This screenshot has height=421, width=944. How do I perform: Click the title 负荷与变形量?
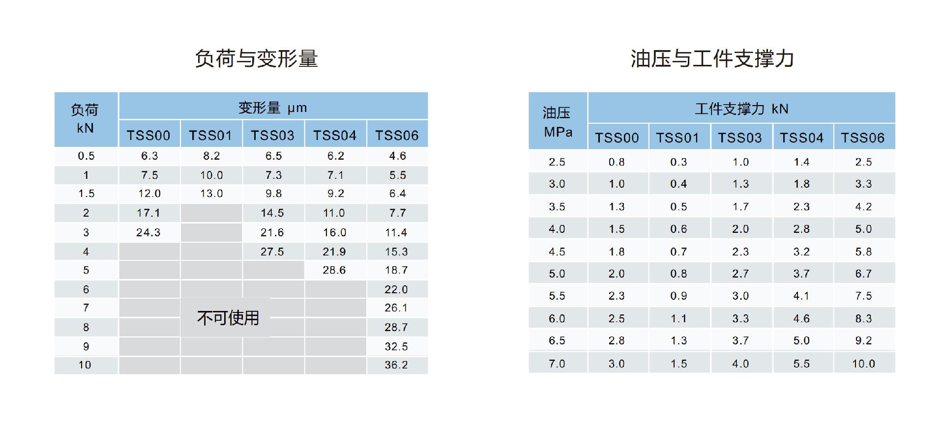tap(256, 59)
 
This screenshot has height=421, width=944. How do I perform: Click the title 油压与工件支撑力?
tap(712, 59)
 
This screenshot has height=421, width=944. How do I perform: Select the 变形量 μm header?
tap(273, 108)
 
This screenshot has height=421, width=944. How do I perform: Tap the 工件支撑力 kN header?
tap(741, 109)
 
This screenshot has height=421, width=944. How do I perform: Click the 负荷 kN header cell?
tap(85, 119)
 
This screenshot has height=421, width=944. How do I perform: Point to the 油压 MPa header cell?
tap(558, 122)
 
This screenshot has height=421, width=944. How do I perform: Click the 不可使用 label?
tap(228, 318)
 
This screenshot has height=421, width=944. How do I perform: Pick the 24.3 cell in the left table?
tap(148, 232)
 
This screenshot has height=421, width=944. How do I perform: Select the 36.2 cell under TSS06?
tap(396, 365)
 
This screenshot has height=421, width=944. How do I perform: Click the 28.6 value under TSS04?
tap(334, 270)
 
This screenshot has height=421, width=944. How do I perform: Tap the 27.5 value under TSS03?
tap(272, 252)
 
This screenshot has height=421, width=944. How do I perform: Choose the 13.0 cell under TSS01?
tap(211, 194)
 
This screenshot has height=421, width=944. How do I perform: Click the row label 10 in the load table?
tap(85, 365)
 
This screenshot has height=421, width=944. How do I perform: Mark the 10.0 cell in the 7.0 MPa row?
tap(863, 364)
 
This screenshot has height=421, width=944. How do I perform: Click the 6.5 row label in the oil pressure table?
tap(557, 340)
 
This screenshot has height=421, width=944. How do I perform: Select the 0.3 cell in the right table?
tap(678, 162)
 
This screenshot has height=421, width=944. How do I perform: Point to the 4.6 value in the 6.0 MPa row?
tap(801, 318)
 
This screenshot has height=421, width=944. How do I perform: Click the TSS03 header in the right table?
tap(740, 138)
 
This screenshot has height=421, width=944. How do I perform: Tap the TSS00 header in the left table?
tap(148, 136)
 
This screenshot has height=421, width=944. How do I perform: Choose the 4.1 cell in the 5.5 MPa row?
tap(801, 296)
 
